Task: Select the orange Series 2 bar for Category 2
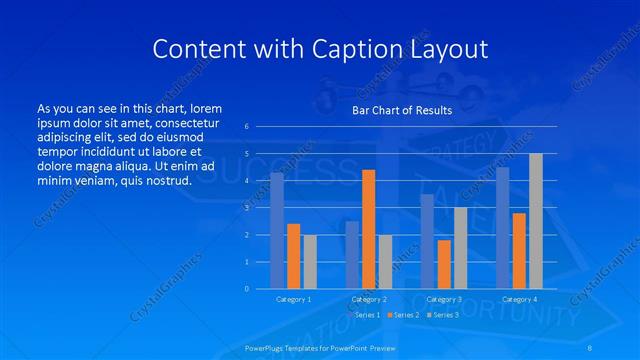pyautogui.click(x=368, y=229)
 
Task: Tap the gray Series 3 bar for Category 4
pyautogui.click(x=535, y=221)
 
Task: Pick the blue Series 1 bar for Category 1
pyautogui.click(x=277, y=230)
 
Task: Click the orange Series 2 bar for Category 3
pyautogui.click(x=444, y=264)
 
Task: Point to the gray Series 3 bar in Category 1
pyautogui.click(x=309, y=261)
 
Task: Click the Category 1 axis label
pyautogui.click(x=293, y=299)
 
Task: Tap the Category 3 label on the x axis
pyautogui.click(x=444, y=299)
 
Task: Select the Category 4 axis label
pyautogui.click(x=519, y=299)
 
